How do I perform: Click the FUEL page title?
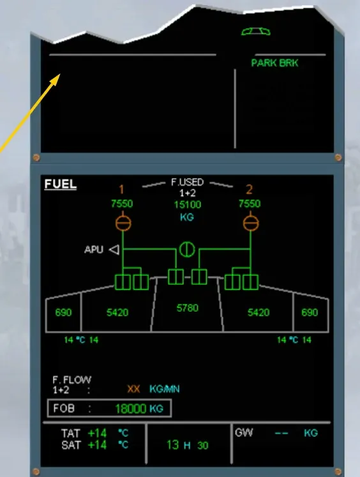coord(60,184)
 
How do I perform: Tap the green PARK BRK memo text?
coord(274,63)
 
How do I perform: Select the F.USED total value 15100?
coord(187,204)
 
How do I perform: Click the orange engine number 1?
coord(121,190)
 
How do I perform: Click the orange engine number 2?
coord(249,190)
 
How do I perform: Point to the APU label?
coord(94,250)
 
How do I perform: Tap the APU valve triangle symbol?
coord(114,250)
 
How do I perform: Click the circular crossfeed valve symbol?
coord(187,250)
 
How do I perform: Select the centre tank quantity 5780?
coord(187,308)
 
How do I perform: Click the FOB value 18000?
coord(131,409)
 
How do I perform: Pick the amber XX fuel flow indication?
coord(133,389)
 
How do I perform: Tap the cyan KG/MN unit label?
coord(164,389)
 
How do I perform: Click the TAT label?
coord(71,433)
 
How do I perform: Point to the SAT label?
coord(71,445)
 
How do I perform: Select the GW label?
coord(244,432)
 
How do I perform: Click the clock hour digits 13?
coord(172,445)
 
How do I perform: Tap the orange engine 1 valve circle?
coord(123,223)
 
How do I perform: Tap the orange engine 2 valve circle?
coord(251,223)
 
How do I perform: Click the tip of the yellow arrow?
coord(60,74)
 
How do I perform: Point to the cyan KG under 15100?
coord(187,217)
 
